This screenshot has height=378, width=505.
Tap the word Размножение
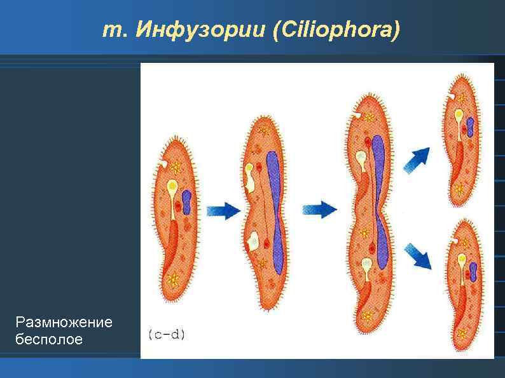point(64,322)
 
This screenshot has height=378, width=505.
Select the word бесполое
point(49,340)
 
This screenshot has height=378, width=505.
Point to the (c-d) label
point(166,334)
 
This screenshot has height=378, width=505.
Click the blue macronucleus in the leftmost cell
point(188,201)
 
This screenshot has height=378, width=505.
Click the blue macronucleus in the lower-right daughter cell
point(473,271)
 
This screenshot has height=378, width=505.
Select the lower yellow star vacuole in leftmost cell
point(172,278)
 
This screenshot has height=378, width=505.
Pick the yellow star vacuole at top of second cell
point(262,131)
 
